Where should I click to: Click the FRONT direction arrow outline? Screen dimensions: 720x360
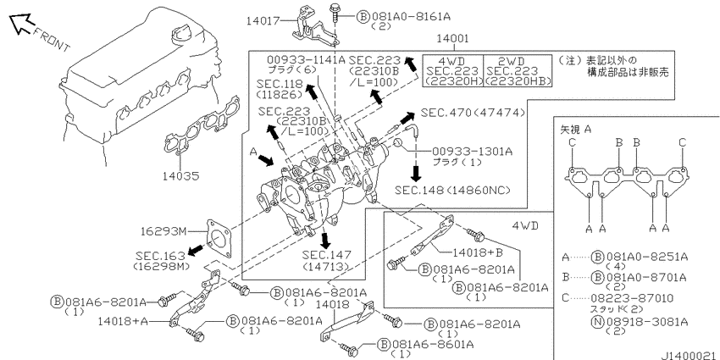pyautogui.click(x=21, y=24)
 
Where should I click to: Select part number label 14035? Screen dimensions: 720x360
pyautogui.click(x=180, y=175)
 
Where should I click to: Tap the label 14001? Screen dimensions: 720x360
pyautogui.click(x=452, y=39)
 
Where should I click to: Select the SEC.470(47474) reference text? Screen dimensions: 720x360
pyautogui.click(x=473, y=113)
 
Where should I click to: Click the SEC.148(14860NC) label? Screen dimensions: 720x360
pyautogui.click(x=452, y=190)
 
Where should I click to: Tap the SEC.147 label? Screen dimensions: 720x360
pyautogui.click(x=326, y=255)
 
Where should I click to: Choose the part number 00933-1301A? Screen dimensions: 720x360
pyautogui.click(x=472, y=151)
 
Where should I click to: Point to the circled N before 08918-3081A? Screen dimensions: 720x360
pyautogui.click(x=598, y=321)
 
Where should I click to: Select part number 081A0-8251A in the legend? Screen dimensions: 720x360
pyautogui.click(x=647, y=257)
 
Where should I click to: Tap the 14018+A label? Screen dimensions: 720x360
pyautogui.click(x=123, y=321)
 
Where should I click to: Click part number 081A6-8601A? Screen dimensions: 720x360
pyautogui.click(x=432, y=344)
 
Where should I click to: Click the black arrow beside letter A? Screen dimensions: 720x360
pyautogui.click(x=265, y=160)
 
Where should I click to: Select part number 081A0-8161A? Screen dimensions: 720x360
pyautogui.click(x=411, y=17)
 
